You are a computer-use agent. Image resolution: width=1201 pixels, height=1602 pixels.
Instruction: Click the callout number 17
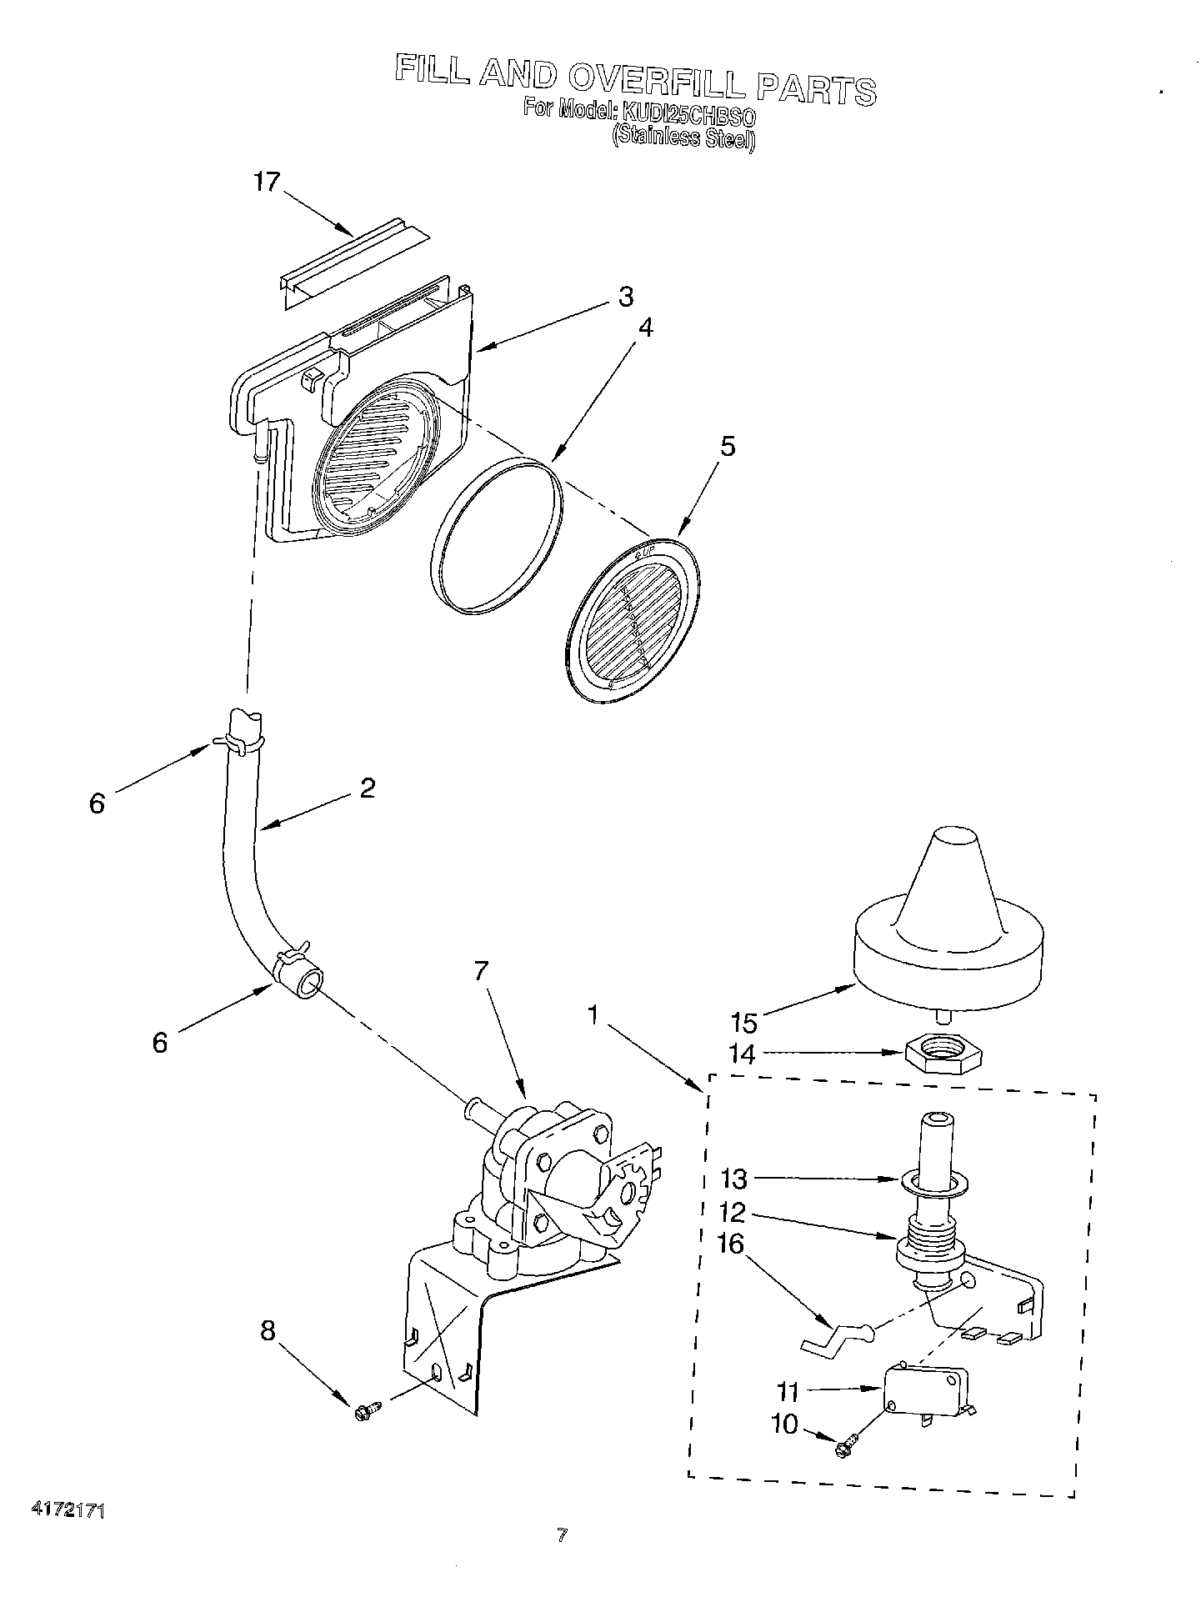(267, 182)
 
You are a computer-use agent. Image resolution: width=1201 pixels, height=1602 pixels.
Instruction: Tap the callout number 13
(735, 1179)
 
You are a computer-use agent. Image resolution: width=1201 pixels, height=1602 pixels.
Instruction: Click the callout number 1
(593, 1014)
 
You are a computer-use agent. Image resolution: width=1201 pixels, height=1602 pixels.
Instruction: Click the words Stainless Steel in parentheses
(683, 138)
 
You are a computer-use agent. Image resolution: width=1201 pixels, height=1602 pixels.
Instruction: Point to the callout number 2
(368, 788)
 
